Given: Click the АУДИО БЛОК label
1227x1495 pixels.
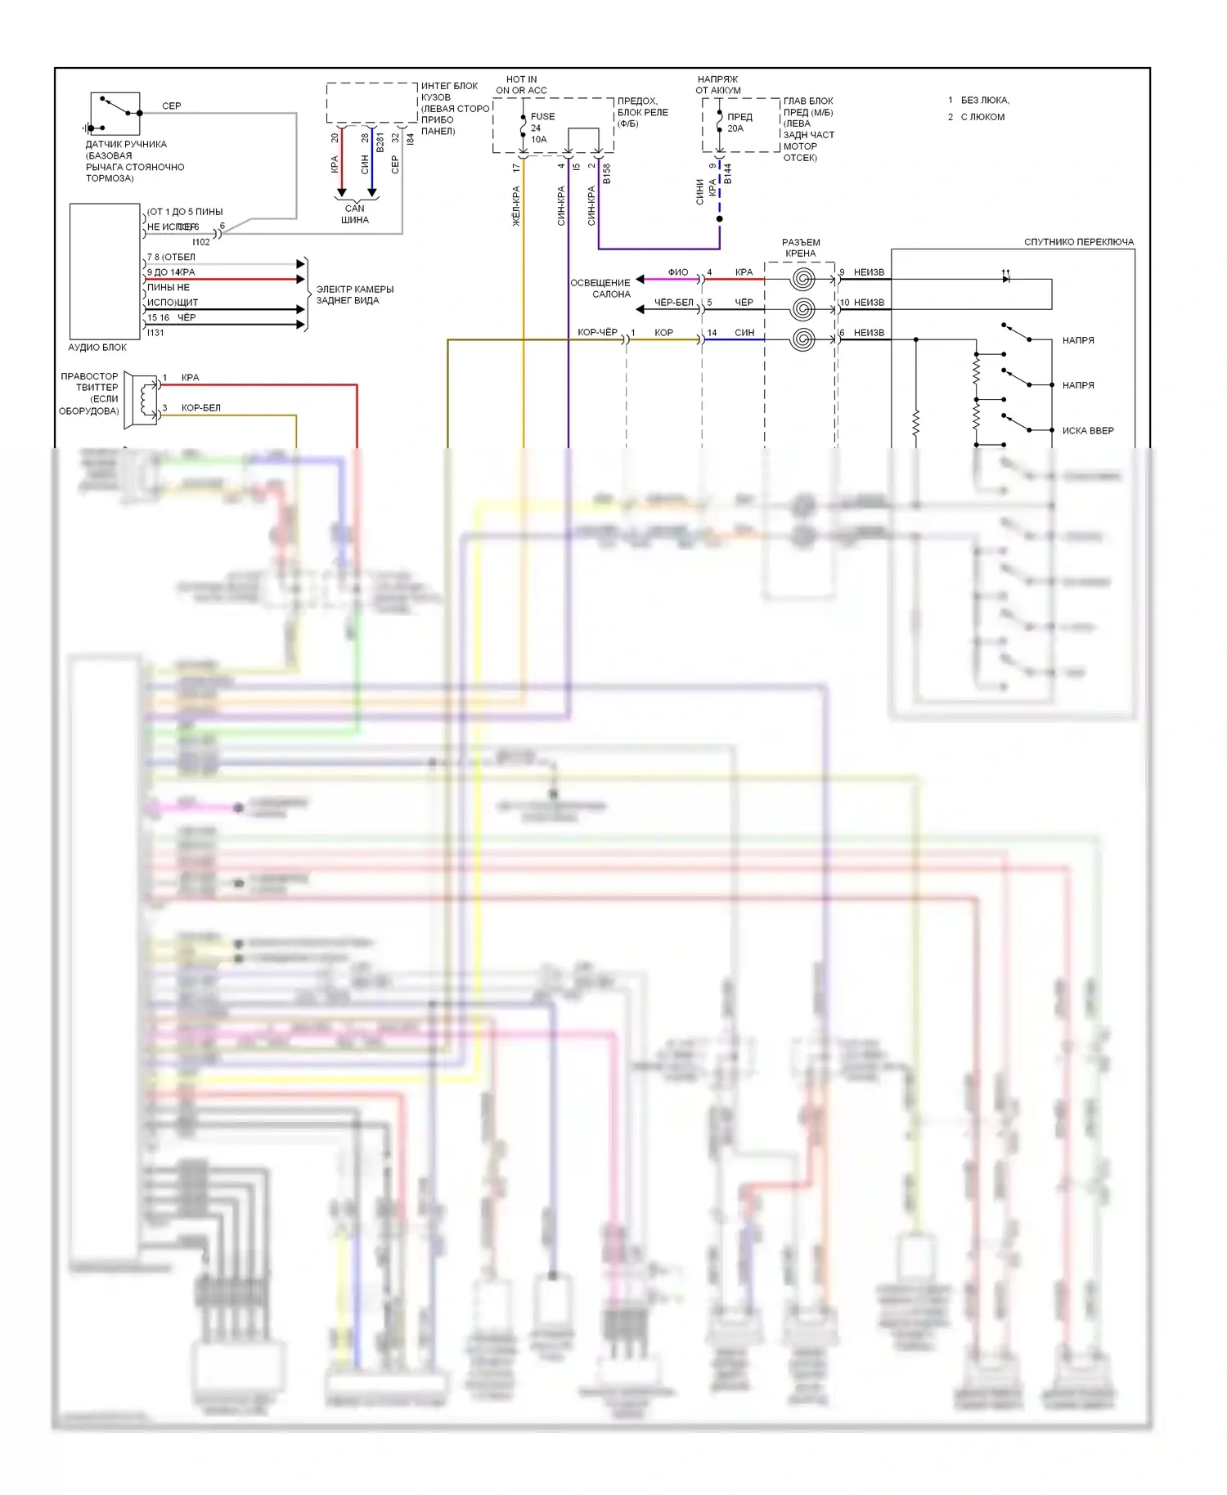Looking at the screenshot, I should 97,348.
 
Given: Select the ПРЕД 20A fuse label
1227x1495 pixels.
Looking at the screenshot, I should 739,123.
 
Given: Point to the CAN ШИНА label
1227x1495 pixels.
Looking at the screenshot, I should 354,214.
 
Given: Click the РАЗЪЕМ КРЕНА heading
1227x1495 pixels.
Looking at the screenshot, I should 800,248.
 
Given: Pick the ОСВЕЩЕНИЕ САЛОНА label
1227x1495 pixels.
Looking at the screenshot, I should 601,288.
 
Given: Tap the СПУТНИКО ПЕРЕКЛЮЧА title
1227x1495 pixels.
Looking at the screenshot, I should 1078,242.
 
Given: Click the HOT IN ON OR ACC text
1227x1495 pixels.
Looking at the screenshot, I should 521,85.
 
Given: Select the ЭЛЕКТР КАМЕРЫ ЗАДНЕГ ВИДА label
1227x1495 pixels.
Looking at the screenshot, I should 354,294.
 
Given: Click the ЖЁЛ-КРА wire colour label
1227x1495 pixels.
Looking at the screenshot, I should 516,206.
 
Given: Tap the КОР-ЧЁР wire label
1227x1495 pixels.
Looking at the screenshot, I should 597,332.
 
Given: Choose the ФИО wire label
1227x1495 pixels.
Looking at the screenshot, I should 677,272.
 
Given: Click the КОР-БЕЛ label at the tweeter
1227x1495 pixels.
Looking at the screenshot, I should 200,408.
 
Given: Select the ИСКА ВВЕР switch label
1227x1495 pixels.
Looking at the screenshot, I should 1087,431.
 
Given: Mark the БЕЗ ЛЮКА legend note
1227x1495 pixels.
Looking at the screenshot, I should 984,101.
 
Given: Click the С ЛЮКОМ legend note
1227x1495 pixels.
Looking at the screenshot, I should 982,117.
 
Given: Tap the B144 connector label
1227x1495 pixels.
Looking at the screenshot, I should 727,173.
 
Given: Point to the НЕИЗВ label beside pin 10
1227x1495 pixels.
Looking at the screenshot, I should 869,303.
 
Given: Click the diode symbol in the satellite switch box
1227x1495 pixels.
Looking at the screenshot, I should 1006,278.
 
